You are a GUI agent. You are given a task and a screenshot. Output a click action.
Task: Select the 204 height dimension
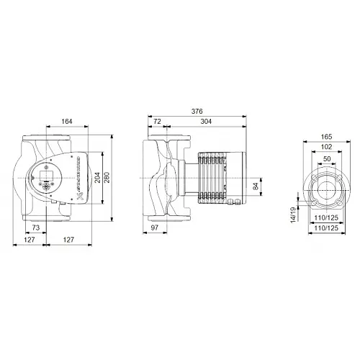tap(96, 178)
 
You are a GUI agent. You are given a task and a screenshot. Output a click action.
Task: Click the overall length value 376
tap(197, 112)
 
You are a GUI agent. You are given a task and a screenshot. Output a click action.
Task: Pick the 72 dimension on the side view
tap(157, 122)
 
